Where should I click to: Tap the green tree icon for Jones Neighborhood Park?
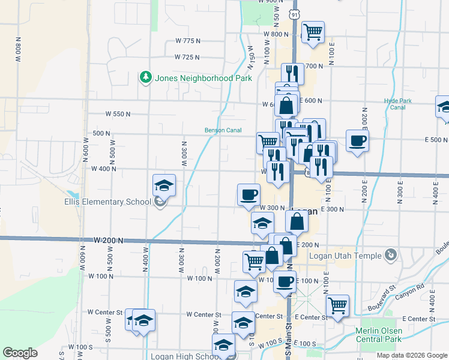tap(145, 77)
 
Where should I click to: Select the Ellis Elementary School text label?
tap(108, 202)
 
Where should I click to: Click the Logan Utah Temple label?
tap(345, 256)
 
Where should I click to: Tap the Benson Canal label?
tap(223, 130)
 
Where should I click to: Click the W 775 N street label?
tap(188, 41)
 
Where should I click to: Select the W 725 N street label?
tap(187, 58)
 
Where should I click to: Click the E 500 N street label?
tap(435, 140)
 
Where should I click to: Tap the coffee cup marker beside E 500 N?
tap(357, 140)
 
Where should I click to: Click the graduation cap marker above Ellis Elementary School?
tap(164, 185)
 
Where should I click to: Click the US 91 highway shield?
tap(294, 14)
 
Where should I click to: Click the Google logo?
tap(20, 353)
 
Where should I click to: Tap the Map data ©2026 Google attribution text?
tap(411, 355)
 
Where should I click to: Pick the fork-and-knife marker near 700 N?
tap(292, 74)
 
